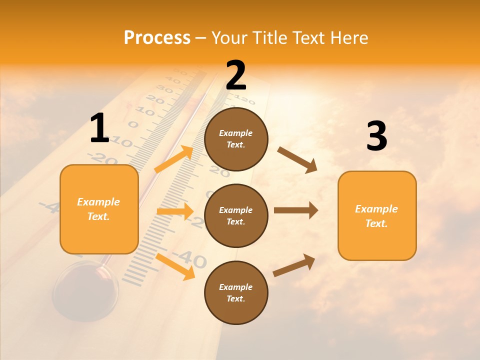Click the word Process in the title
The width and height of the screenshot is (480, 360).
coord(157,37)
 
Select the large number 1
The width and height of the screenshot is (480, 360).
coord(99,128)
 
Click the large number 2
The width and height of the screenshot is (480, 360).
coord(236,75)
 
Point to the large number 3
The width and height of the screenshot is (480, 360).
coord(376,136)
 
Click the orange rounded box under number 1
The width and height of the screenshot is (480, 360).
coord(99,209)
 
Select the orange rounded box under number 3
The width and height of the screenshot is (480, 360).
coord(377,215)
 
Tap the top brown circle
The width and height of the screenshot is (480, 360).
coord(236,139)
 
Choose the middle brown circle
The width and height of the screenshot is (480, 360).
coord(236,215)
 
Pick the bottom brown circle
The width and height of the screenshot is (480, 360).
coord(236,292)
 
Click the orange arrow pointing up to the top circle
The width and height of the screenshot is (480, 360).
coord(174,158)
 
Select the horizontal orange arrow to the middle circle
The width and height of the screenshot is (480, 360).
coord(175,211)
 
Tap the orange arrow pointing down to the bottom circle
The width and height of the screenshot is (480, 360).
coord(175,266)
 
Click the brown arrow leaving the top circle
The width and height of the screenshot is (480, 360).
coord(297,159)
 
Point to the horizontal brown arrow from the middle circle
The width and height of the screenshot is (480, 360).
coord(296,210)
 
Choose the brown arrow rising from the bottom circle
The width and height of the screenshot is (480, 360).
coord(294,265)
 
